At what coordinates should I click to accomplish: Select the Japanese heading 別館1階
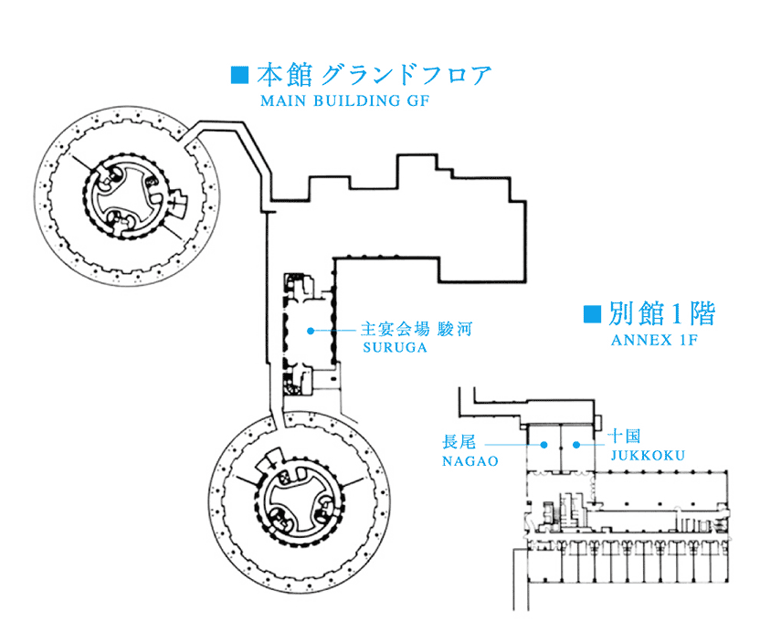click(662, 314)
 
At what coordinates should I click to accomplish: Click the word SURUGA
click(395, 348)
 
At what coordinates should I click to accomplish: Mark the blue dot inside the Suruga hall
click(311, 331)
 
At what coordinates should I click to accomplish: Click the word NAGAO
click(470, 461)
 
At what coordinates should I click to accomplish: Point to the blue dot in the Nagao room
click(544, 445)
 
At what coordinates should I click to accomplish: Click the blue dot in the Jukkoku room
click(575, 445)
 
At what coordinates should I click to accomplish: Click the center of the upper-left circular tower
click(127, 195)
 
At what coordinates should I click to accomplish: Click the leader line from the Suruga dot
click(334, 331)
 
